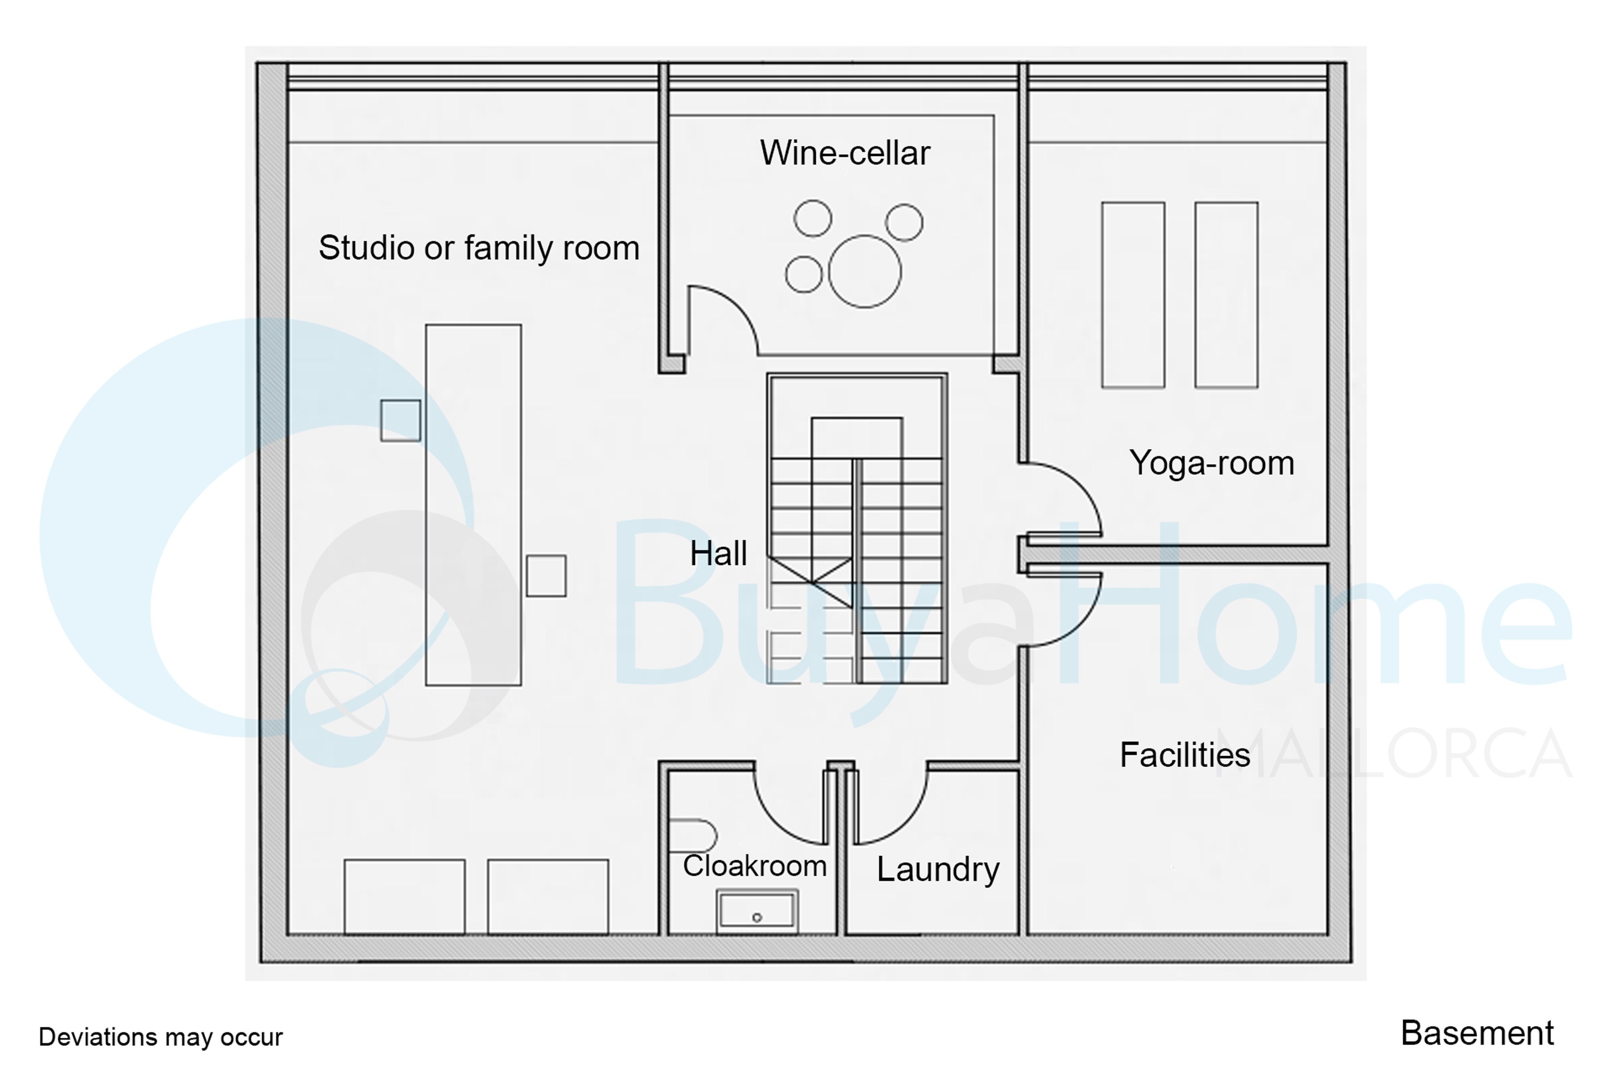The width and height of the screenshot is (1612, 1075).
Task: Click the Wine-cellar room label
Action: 845,153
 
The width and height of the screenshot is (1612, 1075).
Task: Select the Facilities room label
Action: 1185,755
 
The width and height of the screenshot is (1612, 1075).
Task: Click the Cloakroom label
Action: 755,866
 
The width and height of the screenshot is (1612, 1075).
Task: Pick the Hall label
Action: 718,553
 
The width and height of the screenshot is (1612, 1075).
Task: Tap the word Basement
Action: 1477,1033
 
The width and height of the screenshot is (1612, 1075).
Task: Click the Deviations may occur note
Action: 160,1037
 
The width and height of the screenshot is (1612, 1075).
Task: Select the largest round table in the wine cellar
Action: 864,272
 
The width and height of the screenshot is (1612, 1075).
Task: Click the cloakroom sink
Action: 756,912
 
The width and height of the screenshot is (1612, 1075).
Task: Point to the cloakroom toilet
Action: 692,836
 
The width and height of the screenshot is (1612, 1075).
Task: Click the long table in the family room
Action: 474,505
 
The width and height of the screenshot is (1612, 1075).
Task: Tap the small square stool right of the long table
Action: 546,576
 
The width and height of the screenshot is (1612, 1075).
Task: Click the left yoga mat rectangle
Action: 1133,295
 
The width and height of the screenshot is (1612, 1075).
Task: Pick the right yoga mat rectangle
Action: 1226,295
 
